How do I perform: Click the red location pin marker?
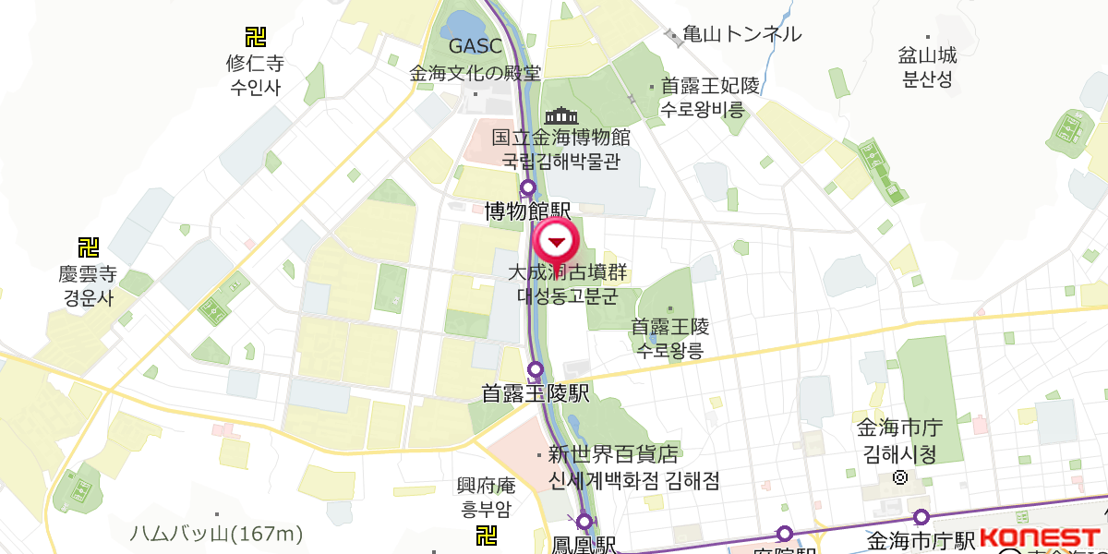(556, 242)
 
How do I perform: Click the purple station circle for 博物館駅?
(528, 189)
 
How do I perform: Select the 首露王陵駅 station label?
(536, 394)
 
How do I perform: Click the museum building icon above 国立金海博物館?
(560, 116)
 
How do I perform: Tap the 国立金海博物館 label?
(560, 138)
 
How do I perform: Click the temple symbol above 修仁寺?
(255, 37)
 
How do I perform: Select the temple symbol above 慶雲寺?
(88, 247)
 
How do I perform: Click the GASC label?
(475, 45)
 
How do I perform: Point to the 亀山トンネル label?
(741, 35)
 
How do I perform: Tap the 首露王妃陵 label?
(710, 86)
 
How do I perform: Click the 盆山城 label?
(927, 55)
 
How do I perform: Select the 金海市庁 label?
(898, 429)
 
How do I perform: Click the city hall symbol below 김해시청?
(900, 478)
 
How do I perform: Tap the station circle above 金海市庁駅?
(921, 518)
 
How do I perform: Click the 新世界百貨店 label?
(613, 455)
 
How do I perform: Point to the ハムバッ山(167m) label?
(216, 534)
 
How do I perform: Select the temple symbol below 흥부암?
(486, 536)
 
